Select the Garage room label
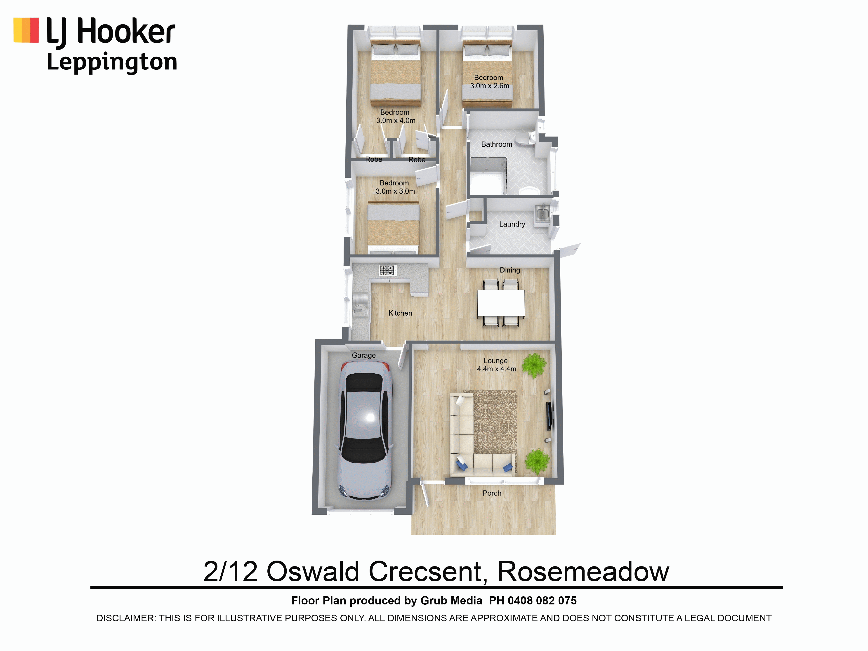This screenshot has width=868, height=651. pos(364,355)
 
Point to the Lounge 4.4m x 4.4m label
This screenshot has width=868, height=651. pos(496,365)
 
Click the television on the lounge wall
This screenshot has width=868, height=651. pos(549,415)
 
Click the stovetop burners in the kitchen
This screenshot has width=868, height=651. pos(387,270)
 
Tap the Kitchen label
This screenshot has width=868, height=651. pos(400,313)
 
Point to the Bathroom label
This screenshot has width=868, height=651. pos(497,144)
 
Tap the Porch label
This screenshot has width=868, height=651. pos(492,493)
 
